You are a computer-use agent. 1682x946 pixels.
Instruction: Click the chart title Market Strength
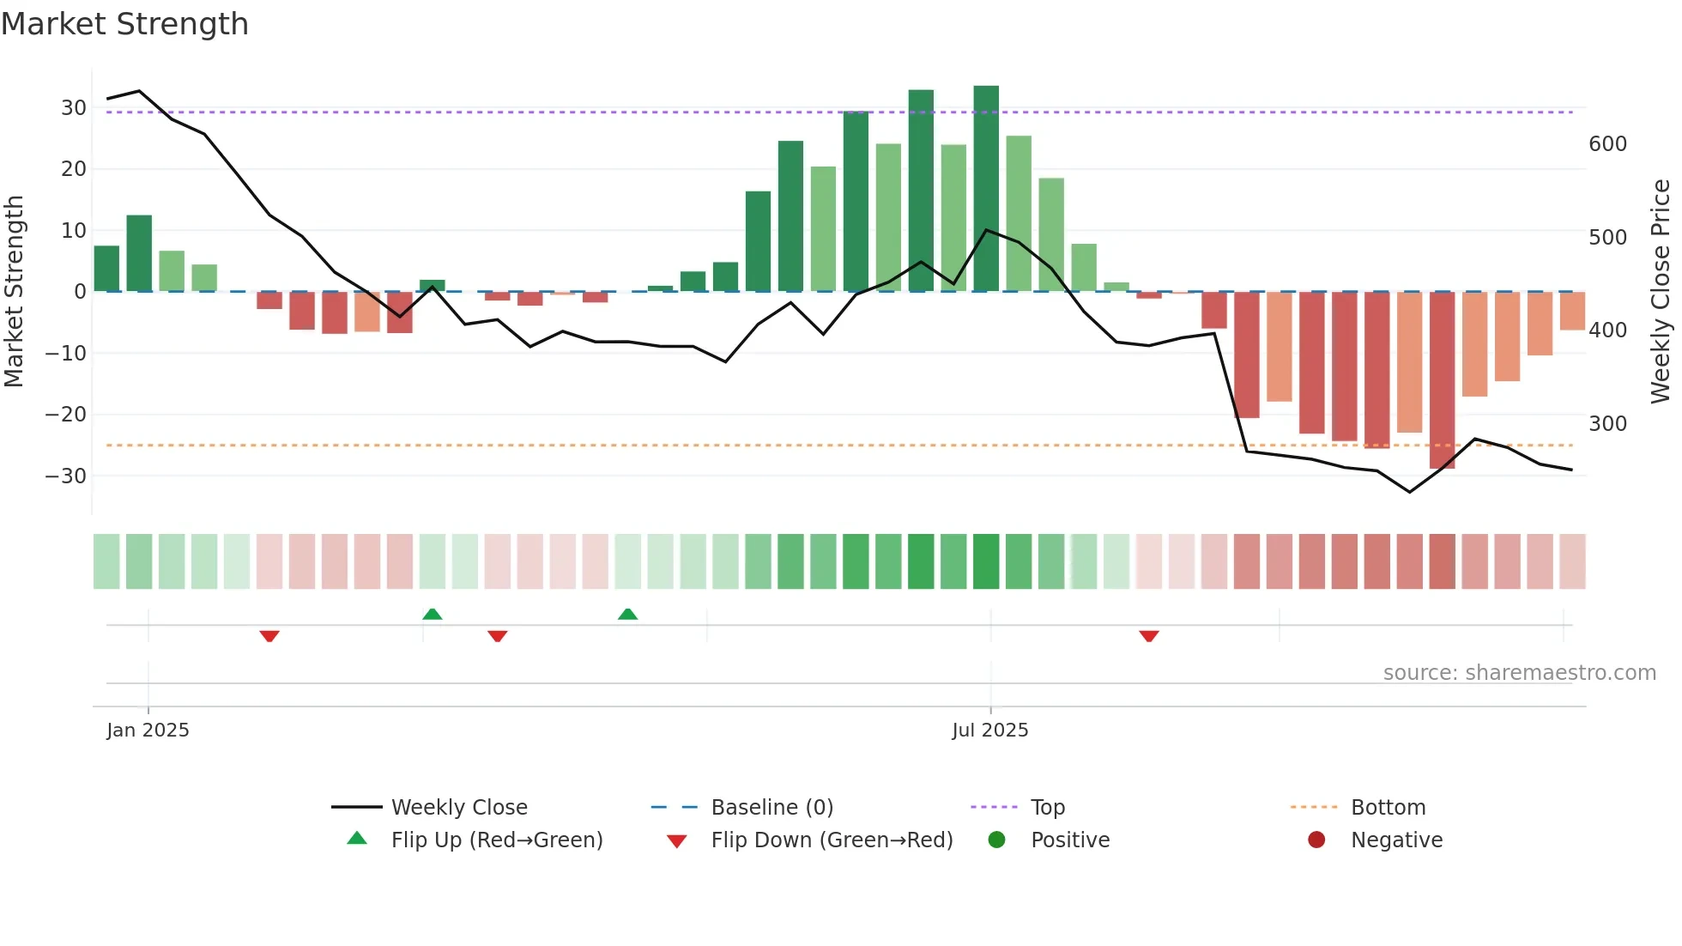click(x=124, y=24)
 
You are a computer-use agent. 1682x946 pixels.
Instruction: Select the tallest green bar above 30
click(x=986, y=189)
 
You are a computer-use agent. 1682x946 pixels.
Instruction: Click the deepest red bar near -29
click(x=1442, y=379)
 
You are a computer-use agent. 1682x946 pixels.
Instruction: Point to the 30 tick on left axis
click(x=74, y=108)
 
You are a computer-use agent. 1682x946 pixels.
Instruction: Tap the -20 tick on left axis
click(x=66, y=415)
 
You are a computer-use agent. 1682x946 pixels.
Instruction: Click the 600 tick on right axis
click(x=1607, y=144)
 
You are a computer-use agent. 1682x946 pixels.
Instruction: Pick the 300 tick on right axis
click(x=1607, y=424)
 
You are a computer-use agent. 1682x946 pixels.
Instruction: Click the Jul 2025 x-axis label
click(x=989, y=731)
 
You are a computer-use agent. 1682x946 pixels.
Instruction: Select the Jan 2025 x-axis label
click(x=148, y=731)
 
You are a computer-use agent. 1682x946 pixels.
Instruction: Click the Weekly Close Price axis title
click(x=1661, y=292)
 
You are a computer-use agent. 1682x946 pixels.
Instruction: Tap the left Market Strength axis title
click(x=14, y=292)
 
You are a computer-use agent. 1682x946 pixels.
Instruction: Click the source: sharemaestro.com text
click(x=1519, y=673)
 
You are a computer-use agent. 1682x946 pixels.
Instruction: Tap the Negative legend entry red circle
click(x=1316, y=840)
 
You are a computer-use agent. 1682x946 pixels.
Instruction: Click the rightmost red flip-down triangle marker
click(x=1149, y=636)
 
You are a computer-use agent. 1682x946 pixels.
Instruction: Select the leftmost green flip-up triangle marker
click(x=433, y=615)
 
